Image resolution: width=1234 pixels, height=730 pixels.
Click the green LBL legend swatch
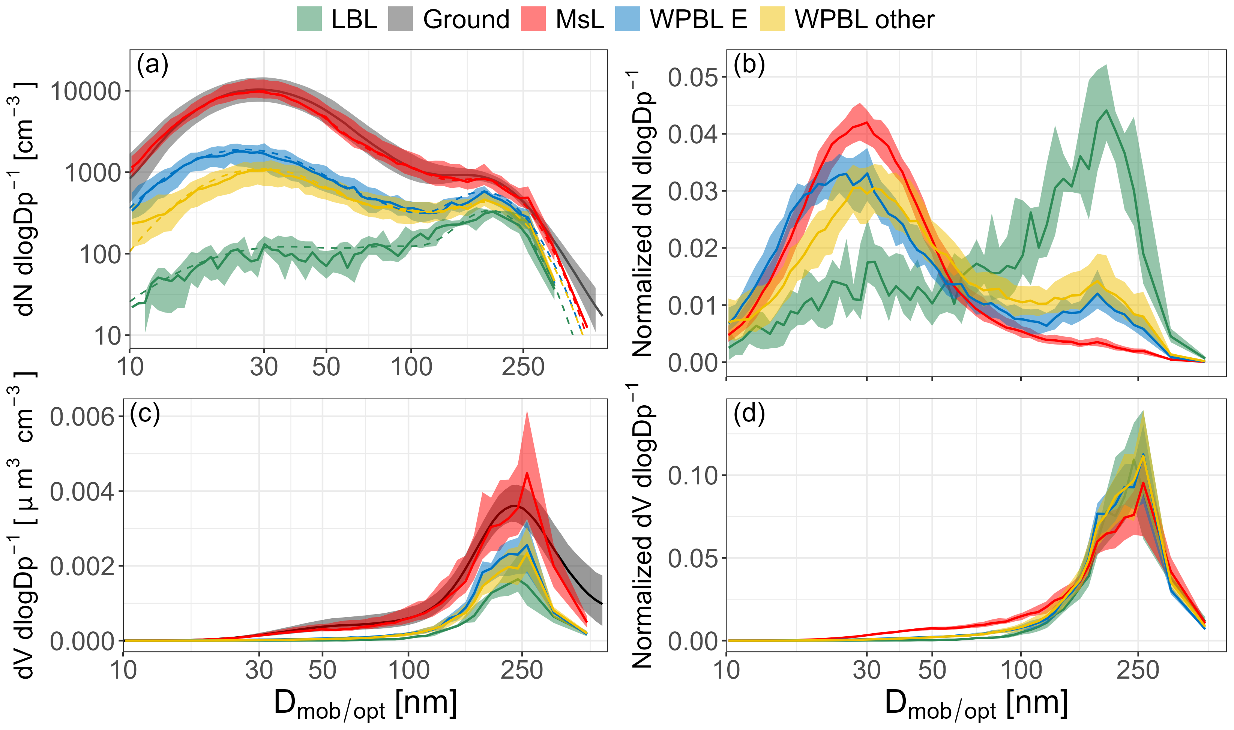pos(309,19)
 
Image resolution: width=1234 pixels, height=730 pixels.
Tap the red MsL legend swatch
pos(533,19)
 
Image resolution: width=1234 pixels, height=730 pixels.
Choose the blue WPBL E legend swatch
pos(628,19)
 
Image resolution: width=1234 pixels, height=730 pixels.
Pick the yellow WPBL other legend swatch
pos(772,19)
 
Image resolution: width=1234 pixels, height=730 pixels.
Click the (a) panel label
pos(153,64)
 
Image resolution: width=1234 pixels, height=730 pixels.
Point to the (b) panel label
pos(749,64)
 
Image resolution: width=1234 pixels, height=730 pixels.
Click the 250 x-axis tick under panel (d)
pos(1138,670)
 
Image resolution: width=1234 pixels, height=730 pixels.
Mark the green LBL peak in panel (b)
pos(1106,110)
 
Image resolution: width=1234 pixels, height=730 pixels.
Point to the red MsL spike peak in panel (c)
pos(527,473)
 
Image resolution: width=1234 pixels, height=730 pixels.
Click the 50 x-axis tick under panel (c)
pos(322,670)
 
